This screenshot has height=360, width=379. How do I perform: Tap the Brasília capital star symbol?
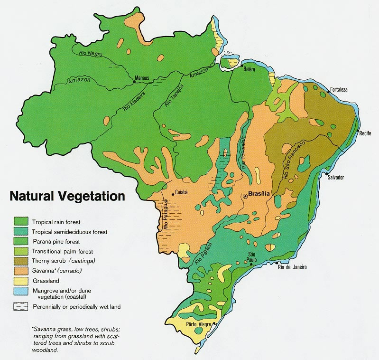click(245, 195)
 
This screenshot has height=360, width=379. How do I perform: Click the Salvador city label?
click(335, 177)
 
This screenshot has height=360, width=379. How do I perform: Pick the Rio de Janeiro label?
click(292, 267)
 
